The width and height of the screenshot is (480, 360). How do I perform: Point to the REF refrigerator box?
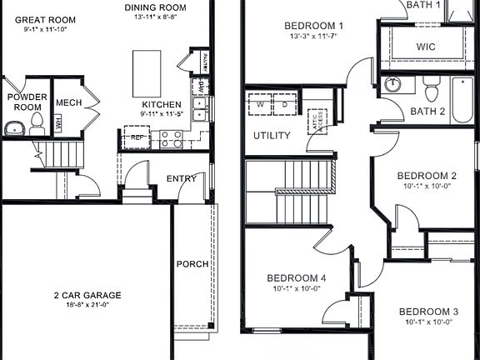tap(136, 137)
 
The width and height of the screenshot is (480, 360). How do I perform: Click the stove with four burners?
tap(171, 138)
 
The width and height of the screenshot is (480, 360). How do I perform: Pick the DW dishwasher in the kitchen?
tap(200, 85)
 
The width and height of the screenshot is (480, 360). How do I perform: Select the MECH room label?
tap(67, 102)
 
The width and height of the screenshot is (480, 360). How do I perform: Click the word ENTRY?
tap(181, 178)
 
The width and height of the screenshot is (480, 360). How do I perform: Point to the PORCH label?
tap(192, 264)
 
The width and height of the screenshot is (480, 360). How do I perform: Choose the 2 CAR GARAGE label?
tap(87, 295)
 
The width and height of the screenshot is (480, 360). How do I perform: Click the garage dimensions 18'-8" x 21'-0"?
tap(87, 306)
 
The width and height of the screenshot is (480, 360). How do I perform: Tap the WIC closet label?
tap(426, 47)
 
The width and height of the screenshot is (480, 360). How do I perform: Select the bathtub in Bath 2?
tap(462, 100)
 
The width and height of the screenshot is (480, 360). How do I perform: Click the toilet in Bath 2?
tap(431, 87)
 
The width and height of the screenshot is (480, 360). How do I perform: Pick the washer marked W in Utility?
tap(260, 106)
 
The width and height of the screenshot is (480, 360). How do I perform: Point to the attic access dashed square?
tap(317, 120)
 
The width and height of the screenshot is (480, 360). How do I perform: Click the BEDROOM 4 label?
tap(297, 277)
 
